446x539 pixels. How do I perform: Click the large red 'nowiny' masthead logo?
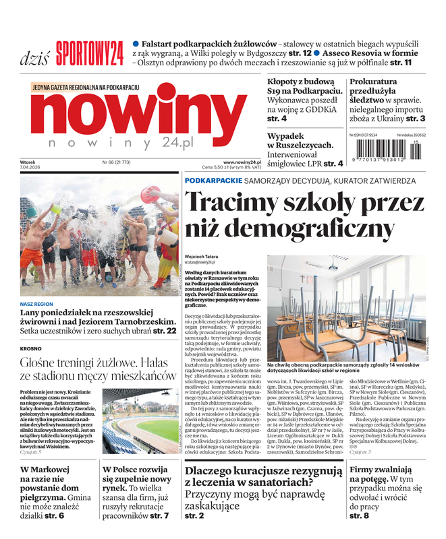[x=139, y=115]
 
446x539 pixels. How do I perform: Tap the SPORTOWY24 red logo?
[x=90, y=53]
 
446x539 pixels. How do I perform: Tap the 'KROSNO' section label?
[x=30, y=348]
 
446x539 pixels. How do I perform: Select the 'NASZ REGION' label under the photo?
[x=36, y=304]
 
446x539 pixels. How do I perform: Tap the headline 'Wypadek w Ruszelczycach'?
[x=300, y=140]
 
